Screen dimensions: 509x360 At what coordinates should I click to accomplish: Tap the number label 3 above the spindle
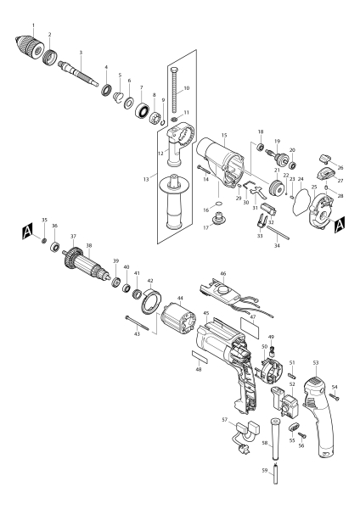pos(81,53)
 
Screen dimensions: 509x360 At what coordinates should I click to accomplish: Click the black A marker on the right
pos(340,225)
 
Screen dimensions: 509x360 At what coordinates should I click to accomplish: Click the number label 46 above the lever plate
pos(222,276)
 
